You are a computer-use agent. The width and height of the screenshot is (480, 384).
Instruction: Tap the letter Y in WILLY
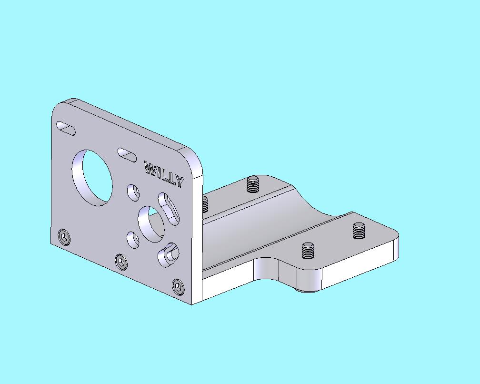click(178, 182)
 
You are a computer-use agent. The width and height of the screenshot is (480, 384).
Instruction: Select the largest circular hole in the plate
click(92, 178)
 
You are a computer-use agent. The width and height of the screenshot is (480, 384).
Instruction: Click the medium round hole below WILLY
click(151, 222)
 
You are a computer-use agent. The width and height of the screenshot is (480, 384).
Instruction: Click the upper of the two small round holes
click(133, 192)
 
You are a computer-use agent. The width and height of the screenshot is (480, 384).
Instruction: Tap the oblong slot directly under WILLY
click(169, 209)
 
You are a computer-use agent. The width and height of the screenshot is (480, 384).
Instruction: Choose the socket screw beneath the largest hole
click(63, 237)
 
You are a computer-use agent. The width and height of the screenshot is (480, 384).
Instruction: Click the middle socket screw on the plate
click(122, 261)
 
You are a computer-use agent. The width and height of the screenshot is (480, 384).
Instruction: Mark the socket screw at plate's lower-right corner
click(178, 286)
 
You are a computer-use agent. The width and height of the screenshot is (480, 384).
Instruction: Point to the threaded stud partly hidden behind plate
click(205, 204)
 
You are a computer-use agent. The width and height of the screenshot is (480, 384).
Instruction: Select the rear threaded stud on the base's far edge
click(253, 183)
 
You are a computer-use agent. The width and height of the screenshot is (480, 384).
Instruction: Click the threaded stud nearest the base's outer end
click(359, 231)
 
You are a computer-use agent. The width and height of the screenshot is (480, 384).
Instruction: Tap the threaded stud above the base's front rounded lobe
click(309, 250)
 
